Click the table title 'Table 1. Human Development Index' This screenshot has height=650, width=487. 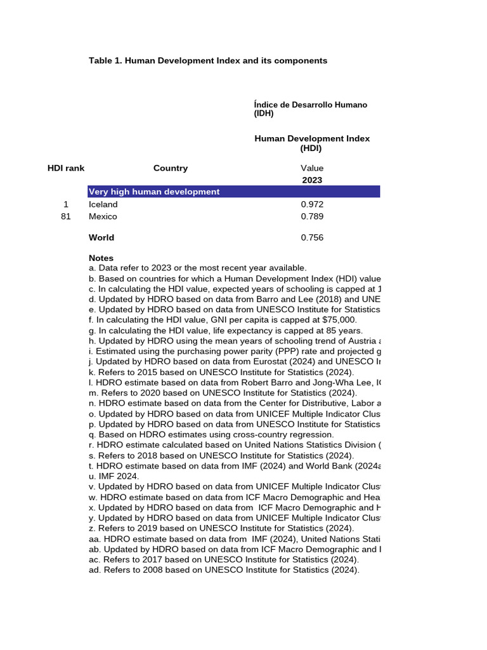pyautogui.click(x=208, y=60)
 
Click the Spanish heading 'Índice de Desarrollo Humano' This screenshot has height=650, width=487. pyautogui.click(x=310, y=105)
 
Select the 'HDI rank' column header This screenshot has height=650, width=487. pyautogui.click(x=66, y=168)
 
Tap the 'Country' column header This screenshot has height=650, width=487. pyautogui.click(x=171, y=168)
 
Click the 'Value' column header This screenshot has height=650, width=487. pyautogui.click(x=312, y=168)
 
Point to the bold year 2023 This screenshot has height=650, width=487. pyautogui.click(x=312, y=180)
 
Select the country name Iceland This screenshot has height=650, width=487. pyautogui.click(x=103, y=204)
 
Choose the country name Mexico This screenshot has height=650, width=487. pyautogui.click(x=103, y=216)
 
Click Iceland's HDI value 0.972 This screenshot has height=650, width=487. pyautogui.click(x=312, y=204)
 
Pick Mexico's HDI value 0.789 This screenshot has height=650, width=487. pyautogui.click(x=312, y=216)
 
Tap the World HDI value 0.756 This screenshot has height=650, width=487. pyautogui.click(x=312, y=237)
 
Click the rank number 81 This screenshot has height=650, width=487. pyautogui.click(x=66, y=216)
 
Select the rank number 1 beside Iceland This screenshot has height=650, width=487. pyautogui.click(x=66, y=204)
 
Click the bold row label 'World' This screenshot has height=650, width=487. pyautogui.click(x=101, y=237)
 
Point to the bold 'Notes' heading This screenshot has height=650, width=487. pyautogui.click(x=101, y=258)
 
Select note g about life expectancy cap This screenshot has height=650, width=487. pyautogui.click(x=226, y=331)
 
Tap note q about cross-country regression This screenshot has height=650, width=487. pyautogui.click(x=211, y=435)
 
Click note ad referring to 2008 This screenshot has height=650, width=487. pyautogui.click(x=224, y=570)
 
